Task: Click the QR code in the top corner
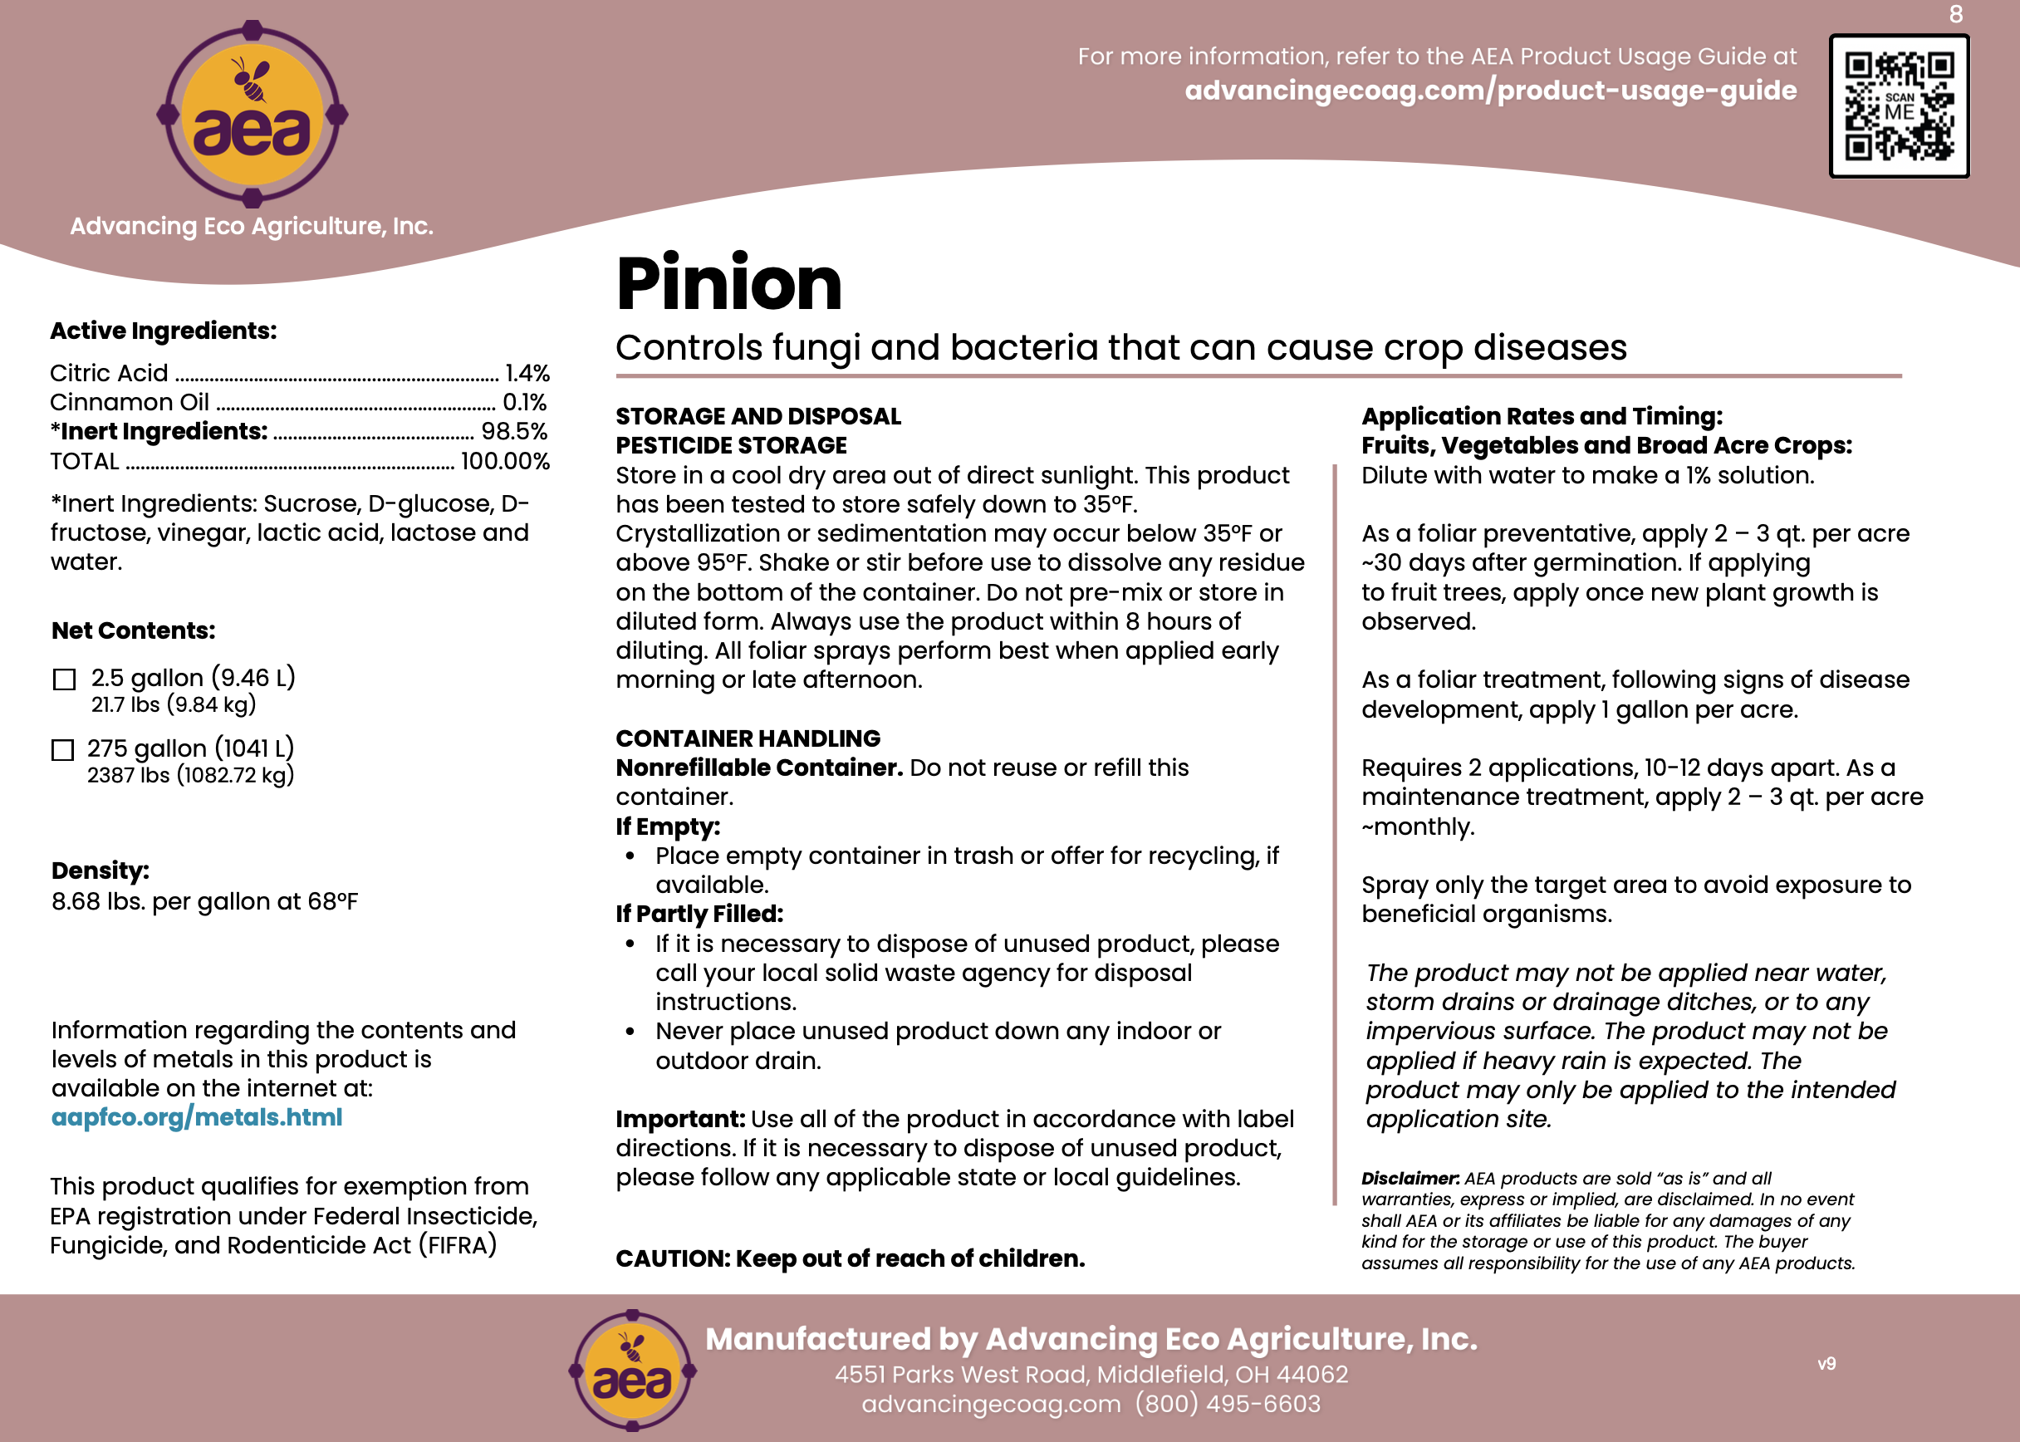1899,106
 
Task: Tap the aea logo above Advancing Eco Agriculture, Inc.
252,115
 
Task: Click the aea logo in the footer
632,1371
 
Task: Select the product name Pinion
728,284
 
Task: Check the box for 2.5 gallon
64,680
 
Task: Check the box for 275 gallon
62,750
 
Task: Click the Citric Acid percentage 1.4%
527,373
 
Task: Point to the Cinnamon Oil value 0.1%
525,402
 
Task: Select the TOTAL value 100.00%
504,462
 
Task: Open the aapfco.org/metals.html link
196,1117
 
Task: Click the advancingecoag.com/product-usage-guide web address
1490,91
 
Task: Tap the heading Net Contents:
133,630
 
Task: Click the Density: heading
101,871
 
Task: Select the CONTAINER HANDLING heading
748,738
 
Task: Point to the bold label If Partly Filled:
699,914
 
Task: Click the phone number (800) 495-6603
1227,1404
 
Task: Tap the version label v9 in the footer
1826,1364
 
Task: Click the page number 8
1956,14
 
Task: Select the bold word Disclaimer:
1410,1179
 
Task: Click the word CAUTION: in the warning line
672,1259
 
